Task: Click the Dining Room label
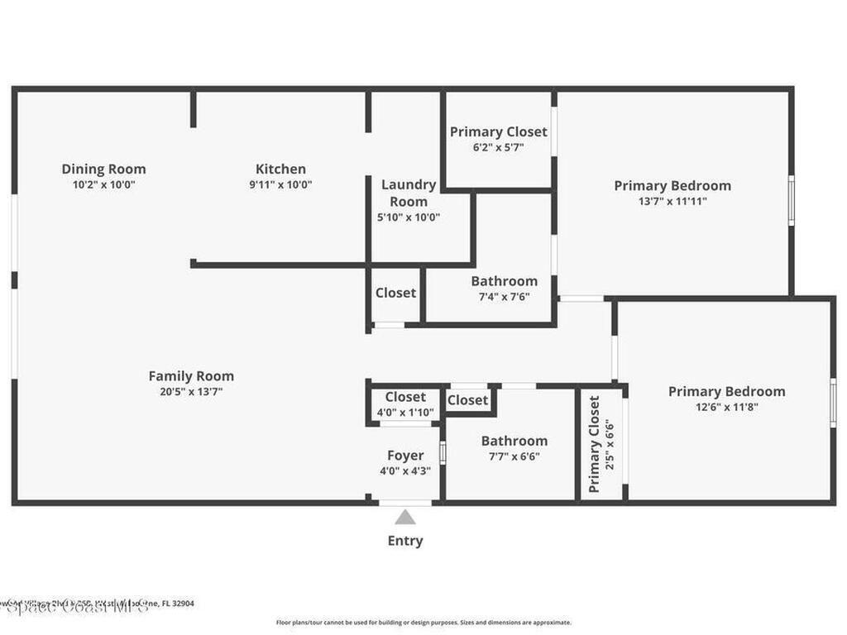(x=103, y=169)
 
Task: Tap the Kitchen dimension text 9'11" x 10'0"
(x=280, y=185)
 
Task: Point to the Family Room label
(x=191, y=376)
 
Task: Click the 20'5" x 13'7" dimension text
(x=191, y=392)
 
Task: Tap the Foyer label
(x=405, y=456)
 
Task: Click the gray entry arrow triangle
(x=405, y=518)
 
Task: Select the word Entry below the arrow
(x=405, y=541)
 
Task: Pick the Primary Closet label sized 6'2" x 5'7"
(x=498, y=131)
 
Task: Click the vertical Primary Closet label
(x=594, y=444)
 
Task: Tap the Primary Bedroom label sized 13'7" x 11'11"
(x=672, y=185)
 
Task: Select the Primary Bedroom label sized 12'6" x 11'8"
(x=726, y=391)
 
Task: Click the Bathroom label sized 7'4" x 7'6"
(x=504, y=281)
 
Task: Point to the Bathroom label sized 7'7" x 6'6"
(x=514, y=441)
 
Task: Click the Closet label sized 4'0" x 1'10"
(x=405, y=397)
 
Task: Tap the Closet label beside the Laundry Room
(x=395, y=293)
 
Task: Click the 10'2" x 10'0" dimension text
(x=103, y=185)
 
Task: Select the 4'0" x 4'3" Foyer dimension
(x=405, y=471)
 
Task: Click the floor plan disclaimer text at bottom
(x=423, y=623)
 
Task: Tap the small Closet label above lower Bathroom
(x=468, y=400)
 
